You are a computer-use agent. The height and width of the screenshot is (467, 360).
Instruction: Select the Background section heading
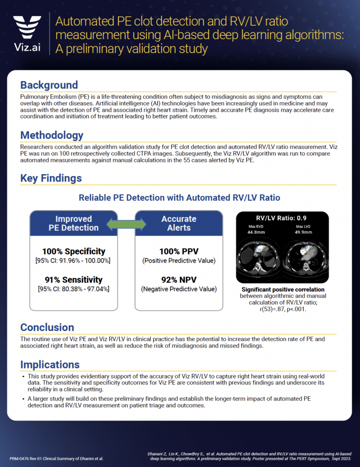(49, 85)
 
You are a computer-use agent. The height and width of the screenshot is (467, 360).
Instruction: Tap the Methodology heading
(52, 135)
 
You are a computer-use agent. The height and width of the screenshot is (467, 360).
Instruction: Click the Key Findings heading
(51, 178)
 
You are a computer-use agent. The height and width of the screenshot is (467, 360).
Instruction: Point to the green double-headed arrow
(126, 223)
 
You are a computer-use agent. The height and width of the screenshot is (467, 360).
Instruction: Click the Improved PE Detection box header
(73, 223)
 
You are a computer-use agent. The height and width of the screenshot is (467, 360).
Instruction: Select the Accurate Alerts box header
(179, 223)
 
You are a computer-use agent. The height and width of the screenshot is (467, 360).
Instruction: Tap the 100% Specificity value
(73, 251)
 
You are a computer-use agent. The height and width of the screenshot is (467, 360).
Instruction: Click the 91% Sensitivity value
(73, 280)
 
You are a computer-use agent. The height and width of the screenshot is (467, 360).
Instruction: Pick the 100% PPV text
(179, 251)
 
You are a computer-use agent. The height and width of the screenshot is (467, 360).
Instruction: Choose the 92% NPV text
(179, 280)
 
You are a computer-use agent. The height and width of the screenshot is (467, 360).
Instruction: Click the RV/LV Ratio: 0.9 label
(282, 218)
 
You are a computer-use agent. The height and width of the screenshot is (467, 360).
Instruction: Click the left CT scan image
(258, 258)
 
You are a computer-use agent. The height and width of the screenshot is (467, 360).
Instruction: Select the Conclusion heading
(47, 327)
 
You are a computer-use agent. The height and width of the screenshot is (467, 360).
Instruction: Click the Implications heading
(50, 364)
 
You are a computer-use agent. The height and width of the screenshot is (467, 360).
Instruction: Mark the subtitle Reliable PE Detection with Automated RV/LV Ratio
(179, 197)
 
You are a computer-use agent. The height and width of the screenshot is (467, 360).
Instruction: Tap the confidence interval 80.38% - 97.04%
(73, 289)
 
